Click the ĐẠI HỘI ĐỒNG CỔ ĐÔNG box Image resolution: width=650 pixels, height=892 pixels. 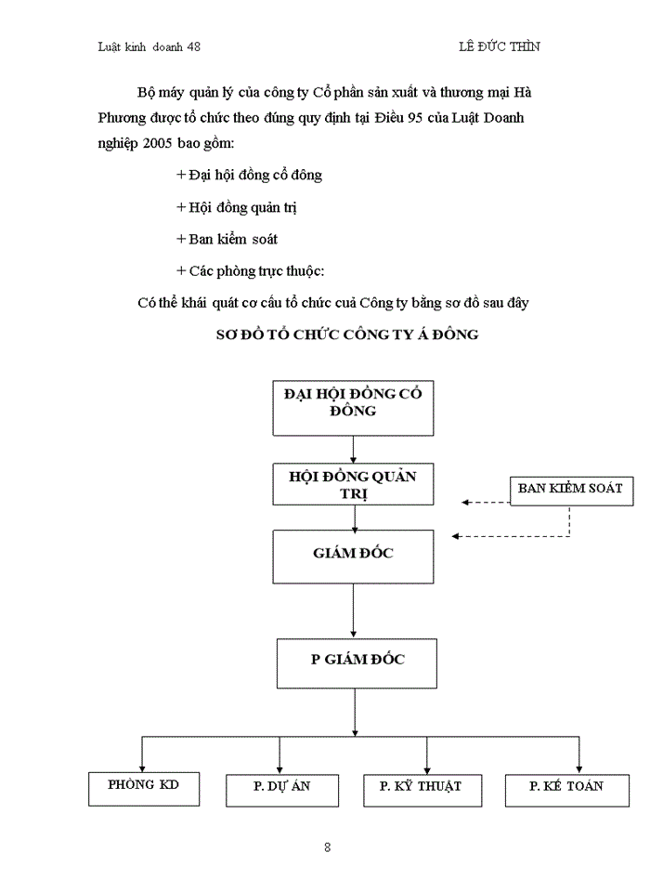tap(353, 406)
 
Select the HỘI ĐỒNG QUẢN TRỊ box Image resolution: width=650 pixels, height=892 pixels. tap(353, 484)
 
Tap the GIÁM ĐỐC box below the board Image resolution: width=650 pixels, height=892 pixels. tap(353, 556)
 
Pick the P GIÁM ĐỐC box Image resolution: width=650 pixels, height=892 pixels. tap(357, 662)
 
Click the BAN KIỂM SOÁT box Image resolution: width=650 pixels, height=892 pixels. tap(570, 490)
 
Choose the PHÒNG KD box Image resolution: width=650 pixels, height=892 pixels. tap(143, 788)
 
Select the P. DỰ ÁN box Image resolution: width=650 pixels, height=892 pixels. tap(281, 789)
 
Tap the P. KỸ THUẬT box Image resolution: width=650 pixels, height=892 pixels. tap(420, 789)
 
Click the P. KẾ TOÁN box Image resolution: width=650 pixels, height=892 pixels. tap(565, 789)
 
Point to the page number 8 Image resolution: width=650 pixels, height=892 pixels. tap(327, 846)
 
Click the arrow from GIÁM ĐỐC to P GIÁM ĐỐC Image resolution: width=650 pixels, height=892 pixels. tap(353, 611)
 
